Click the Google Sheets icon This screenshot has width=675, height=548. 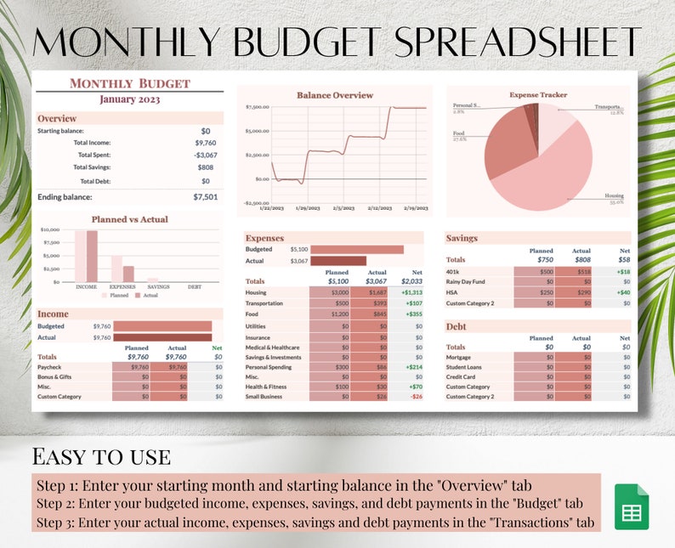point(631,507)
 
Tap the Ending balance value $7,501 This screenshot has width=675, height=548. point(205,196)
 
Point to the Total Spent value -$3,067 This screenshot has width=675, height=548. point(205,155)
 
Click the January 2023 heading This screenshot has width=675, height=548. point(129,99)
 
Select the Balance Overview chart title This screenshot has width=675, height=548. point(334,95)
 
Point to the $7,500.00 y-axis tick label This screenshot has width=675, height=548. point(257,107)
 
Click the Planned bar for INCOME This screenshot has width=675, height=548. point(81,256)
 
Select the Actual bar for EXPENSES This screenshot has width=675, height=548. point(128,274)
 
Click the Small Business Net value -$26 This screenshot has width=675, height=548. point(416,396)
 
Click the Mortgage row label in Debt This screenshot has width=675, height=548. point(460,357)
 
